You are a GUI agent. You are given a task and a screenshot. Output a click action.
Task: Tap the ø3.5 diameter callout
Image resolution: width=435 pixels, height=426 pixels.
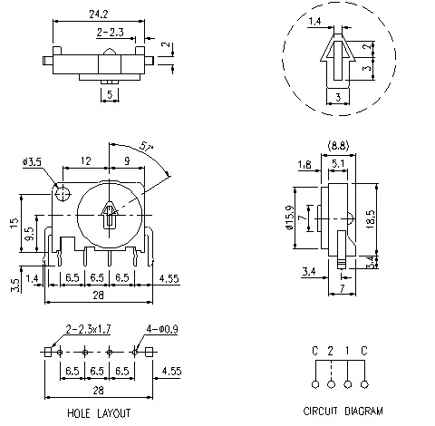[32, 162]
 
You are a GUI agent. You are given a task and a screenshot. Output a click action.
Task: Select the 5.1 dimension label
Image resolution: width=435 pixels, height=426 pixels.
[337, 164]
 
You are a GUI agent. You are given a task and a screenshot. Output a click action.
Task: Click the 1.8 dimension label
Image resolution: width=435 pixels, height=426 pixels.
[304, 164]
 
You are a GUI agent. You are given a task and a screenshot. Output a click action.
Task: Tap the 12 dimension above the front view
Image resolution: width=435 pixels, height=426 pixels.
[85, 160]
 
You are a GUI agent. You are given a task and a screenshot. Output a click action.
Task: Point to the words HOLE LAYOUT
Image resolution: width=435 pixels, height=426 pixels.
[99, 413]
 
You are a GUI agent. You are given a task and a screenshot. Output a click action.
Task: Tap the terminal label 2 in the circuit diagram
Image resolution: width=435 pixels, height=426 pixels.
[333, 351]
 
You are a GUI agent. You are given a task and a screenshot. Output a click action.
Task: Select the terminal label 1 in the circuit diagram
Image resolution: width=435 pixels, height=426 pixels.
[349, 351]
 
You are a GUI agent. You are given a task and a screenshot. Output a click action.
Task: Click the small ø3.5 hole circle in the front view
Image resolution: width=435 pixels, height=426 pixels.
[61, 193]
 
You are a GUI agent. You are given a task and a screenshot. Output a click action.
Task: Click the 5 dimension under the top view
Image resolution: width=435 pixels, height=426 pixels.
[110, 93]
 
